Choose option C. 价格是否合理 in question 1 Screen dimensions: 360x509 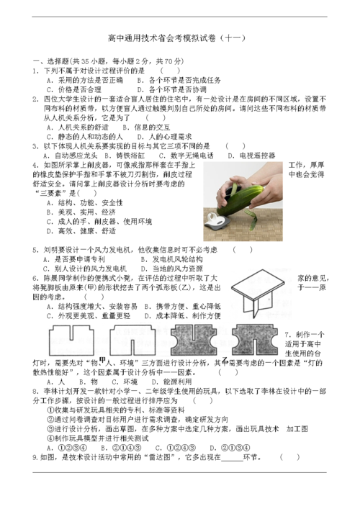(71, 90)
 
